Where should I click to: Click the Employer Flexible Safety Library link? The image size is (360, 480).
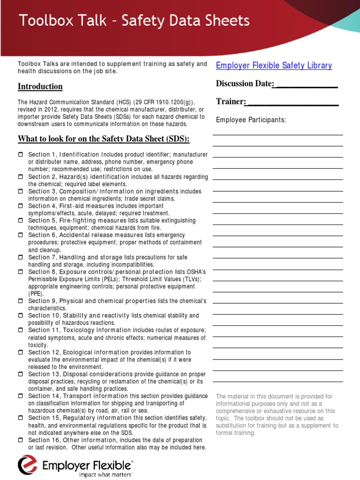coord(274,66)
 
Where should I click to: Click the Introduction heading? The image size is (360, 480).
coord(40,86)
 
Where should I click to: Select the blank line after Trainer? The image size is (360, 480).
coord(292,102)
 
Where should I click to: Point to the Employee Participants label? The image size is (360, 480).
coord(251,120)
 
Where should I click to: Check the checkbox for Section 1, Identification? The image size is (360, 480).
coord(21,155)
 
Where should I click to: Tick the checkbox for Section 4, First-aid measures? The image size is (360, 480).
coord(21,206)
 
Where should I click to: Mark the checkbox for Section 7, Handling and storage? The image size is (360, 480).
coord(21,257)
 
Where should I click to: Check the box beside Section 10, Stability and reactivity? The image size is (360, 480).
coord(21,315)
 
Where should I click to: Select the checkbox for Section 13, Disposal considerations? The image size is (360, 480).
coord(21,374)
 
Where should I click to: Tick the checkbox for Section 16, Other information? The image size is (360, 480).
coord(21,440)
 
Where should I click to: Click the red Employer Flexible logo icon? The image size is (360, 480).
coord(27,465)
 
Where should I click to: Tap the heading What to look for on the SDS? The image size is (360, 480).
coord(104,139)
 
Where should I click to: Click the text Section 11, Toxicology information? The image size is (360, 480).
coord(78,330)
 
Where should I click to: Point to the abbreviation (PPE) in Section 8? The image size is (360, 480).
coord(36,293)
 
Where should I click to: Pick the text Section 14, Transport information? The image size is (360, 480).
coord(75,396)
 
